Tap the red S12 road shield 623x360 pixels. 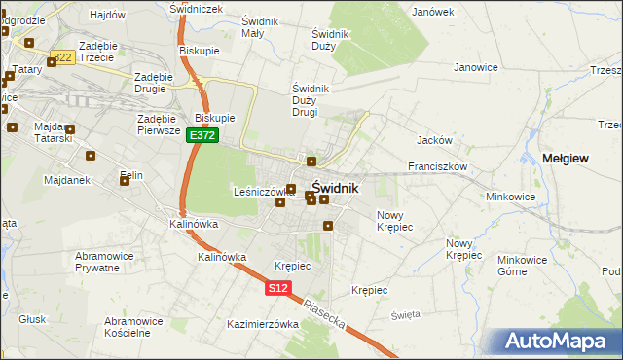click(x=278, y=288)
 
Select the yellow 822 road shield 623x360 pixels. click(x=63, y=57)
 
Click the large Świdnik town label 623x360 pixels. click(x=335, y=188)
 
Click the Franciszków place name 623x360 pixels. click(x=438, y=166)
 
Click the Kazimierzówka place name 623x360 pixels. click(x=261, y=324)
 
